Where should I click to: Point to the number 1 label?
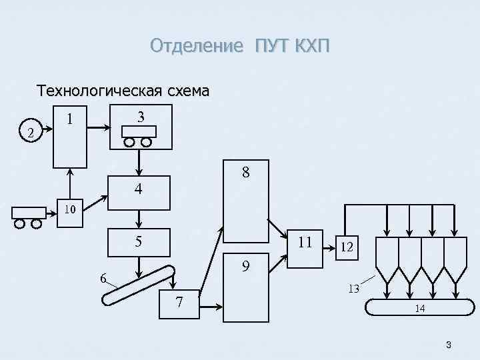tap(69, 121)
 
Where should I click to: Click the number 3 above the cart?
tap(140, 117)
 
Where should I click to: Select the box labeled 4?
tap(139, 191)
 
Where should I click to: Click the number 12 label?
tap(346, 247)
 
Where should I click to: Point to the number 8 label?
tap(246, 173)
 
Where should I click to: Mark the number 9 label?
tap(246, 267)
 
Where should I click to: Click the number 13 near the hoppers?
tap(353, 289)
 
